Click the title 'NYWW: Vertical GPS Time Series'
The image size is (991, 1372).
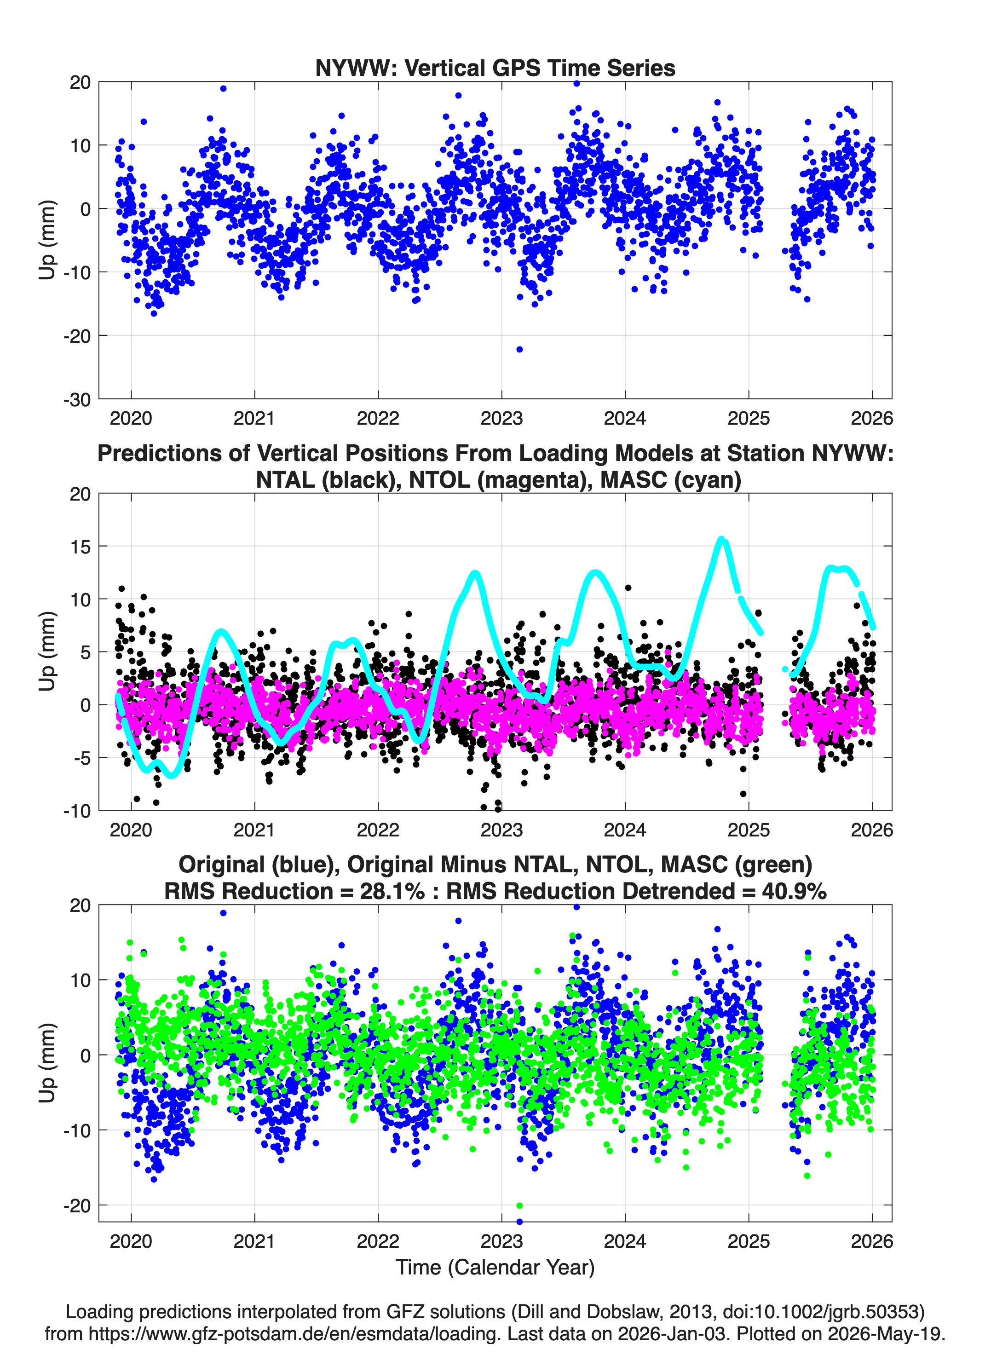click(x=495, y=68)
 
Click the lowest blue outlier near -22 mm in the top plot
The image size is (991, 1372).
click(x=519, y=349)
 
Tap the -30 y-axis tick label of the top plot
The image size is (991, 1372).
click(x=77, y=400)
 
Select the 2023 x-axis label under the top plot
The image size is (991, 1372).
click(x=501, y=418)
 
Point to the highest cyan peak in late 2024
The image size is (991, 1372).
click(x=720, y=538)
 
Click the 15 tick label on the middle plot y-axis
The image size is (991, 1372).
click(x=81, y=546)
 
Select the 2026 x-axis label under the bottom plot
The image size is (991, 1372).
click(x=871, y=1241)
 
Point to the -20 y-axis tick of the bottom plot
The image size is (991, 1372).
click(x=77, y=1205)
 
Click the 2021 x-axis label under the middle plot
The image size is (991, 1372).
click(x=254, y=830)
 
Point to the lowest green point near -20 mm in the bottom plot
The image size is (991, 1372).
click(x=519, y=1205)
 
